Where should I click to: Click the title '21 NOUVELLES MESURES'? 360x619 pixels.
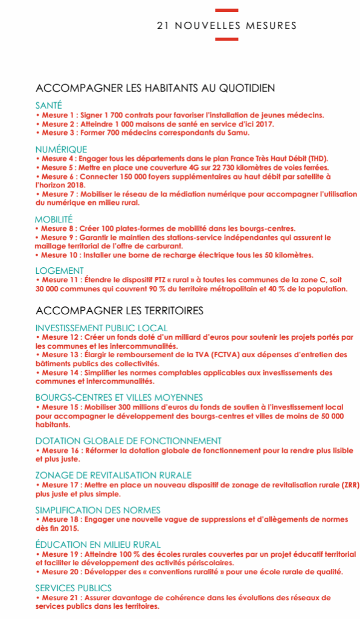coord(227,25)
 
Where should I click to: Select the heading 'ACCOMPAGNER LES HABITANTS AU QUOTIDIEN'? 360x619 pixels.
coord(155,88)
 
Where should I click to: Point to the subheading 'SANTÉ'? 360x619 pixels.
coord(48,105)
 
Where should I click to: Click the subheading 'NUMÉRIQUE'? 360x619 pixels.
coord(60,149)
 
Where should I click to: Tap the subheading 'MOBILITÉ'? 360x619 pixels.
coord(54,219)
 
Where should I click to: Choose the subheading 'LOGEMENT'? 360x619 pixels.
coord(59,271)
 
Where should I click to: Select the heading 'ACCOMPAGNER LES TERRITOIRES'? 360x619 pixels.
coord(119,311)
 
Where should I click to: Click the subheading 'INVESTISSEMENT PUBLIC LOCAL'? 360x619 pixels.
coord(101,328)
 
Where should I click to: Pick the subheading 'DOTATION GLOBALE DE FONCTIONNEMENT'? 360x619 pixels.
coord(128,441)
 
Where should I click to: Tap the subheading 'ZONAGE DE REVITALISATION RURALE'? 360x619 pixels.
coord(113,475)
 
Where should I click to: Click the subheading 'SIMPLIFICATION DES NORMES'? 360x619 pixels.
coord(98,510)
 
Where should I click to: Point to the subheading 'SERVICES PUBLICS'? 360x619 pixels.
coord(73,588)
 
